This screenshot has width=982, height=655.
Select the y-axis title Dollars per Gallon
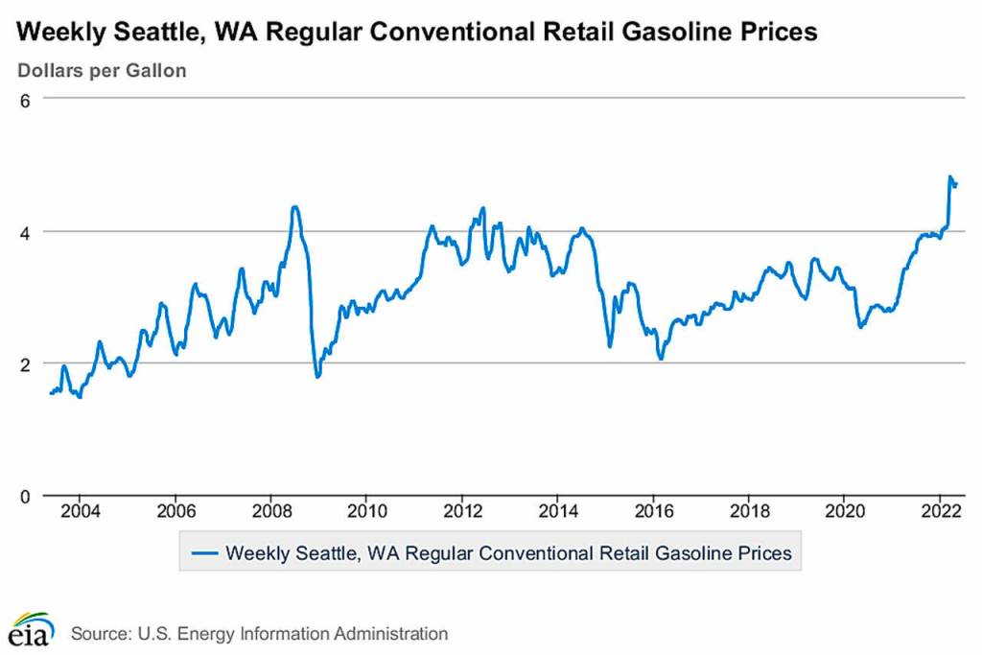[x=102, y=71]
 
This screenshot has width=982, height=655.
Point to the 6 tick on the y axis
[x=26, y=99]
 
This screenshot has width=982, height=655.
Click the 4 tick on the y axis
[x=26, y=231]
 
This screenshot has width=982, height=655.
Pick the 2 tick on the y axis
[x=26, y=363]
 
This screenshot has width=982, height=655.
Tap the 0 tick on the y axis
[x=26, y=496]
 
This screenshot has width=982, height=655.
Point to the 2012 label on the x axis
[x=462, y=509]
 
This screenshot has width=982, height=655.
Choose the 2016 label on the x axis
[x=653, y=509]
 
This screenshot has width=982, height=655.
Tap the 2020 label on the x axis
[x=844, y=509]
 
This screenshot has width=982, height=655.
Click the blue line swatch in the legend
[x=205, y=553]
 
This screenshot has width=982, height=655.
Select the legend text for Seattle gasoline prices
[x=508, y=553]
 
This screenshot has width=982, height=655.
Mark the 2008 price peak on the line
[x=294, y=206]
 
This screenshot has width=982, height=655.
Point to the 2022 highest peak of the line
[x=949, y=177]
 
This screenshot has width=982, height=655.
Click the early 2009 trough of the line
[x=317, y=376]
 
